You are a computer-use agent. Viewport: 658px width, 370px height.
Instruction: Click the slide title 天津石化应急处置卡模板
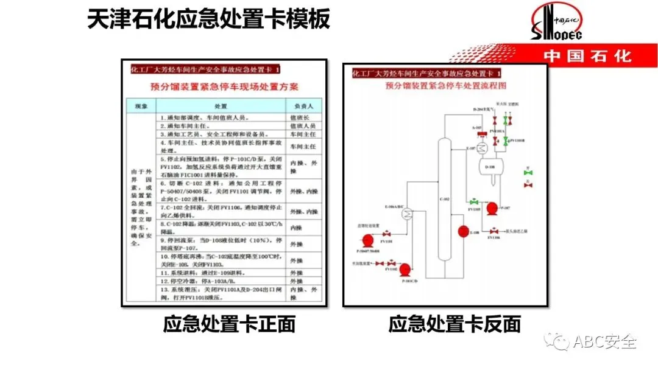208,19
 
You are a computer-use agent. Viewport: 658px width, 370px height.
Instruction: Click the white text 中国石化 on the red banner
587,56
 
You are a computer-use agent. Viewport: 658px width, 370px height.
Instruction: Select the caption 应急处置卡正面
229,324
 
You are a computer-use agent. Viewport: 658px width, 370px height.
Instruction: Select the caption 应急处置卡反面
455,324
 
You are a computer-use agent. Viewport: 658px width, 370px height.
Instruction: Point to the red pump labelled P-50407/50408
367,241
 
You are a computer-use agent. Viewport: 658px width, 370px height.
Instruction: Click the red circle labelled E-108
462,232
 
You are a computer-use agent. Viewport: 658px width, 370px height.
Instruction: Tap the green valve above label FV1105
473,201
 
